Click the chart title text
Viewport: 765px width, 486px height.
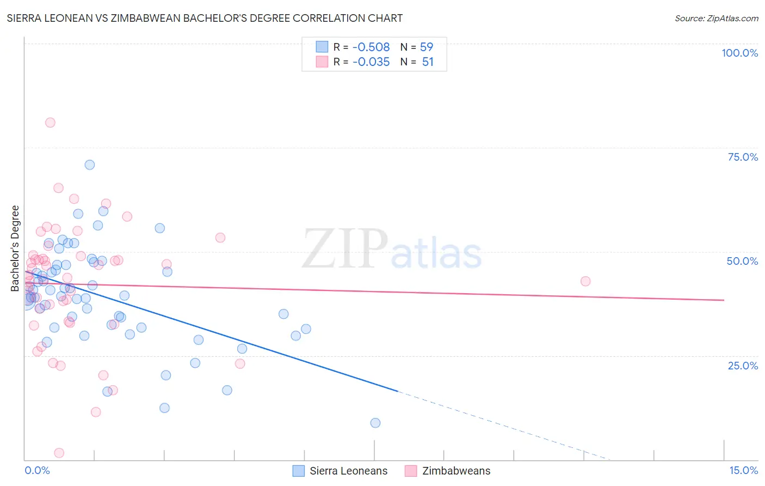click(205, 18)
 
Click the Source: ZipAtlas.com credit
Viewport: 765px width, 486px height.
click(716, 19)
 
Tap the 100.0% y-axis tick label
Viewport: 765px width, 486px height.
click(739, 53)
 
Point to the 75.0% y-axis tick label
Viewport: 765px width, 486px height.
click(743, 157)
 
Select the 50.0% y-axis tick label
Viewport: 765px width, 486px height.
click(742, 261)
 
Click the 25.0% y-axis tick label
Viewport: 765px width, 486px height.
click(743, 366)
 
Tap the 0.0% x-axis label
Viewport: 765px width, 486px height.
click(37, 471)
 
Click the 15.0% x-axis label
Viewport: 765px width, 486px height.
click(743, 471)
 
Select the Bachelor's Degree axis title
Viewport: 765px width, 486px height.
click(15, 248)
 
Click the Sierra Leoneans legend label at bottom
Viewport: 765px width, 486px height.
click(349, 471)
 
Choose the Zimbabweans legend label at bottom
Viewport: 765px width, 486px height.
click(456, 471)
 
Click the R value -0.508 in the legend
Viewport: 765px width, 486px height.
click(371, 47)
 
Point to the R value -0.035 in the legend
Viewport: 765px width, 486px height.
click(371, 62)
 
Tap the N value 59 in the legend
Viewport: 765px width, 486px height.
click(427, 47)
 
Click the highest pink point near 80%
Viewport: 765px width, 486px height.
click(50, 123)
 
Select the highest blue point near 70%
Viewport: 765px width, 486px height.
click(90, 165)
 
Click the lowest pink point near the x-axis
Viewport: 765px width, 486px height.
click(59, 453)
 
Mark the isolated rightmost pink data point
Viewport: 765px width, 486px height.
click(585, 281)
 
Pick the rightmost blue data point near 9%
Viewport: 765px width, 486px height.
click(375, 423)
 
